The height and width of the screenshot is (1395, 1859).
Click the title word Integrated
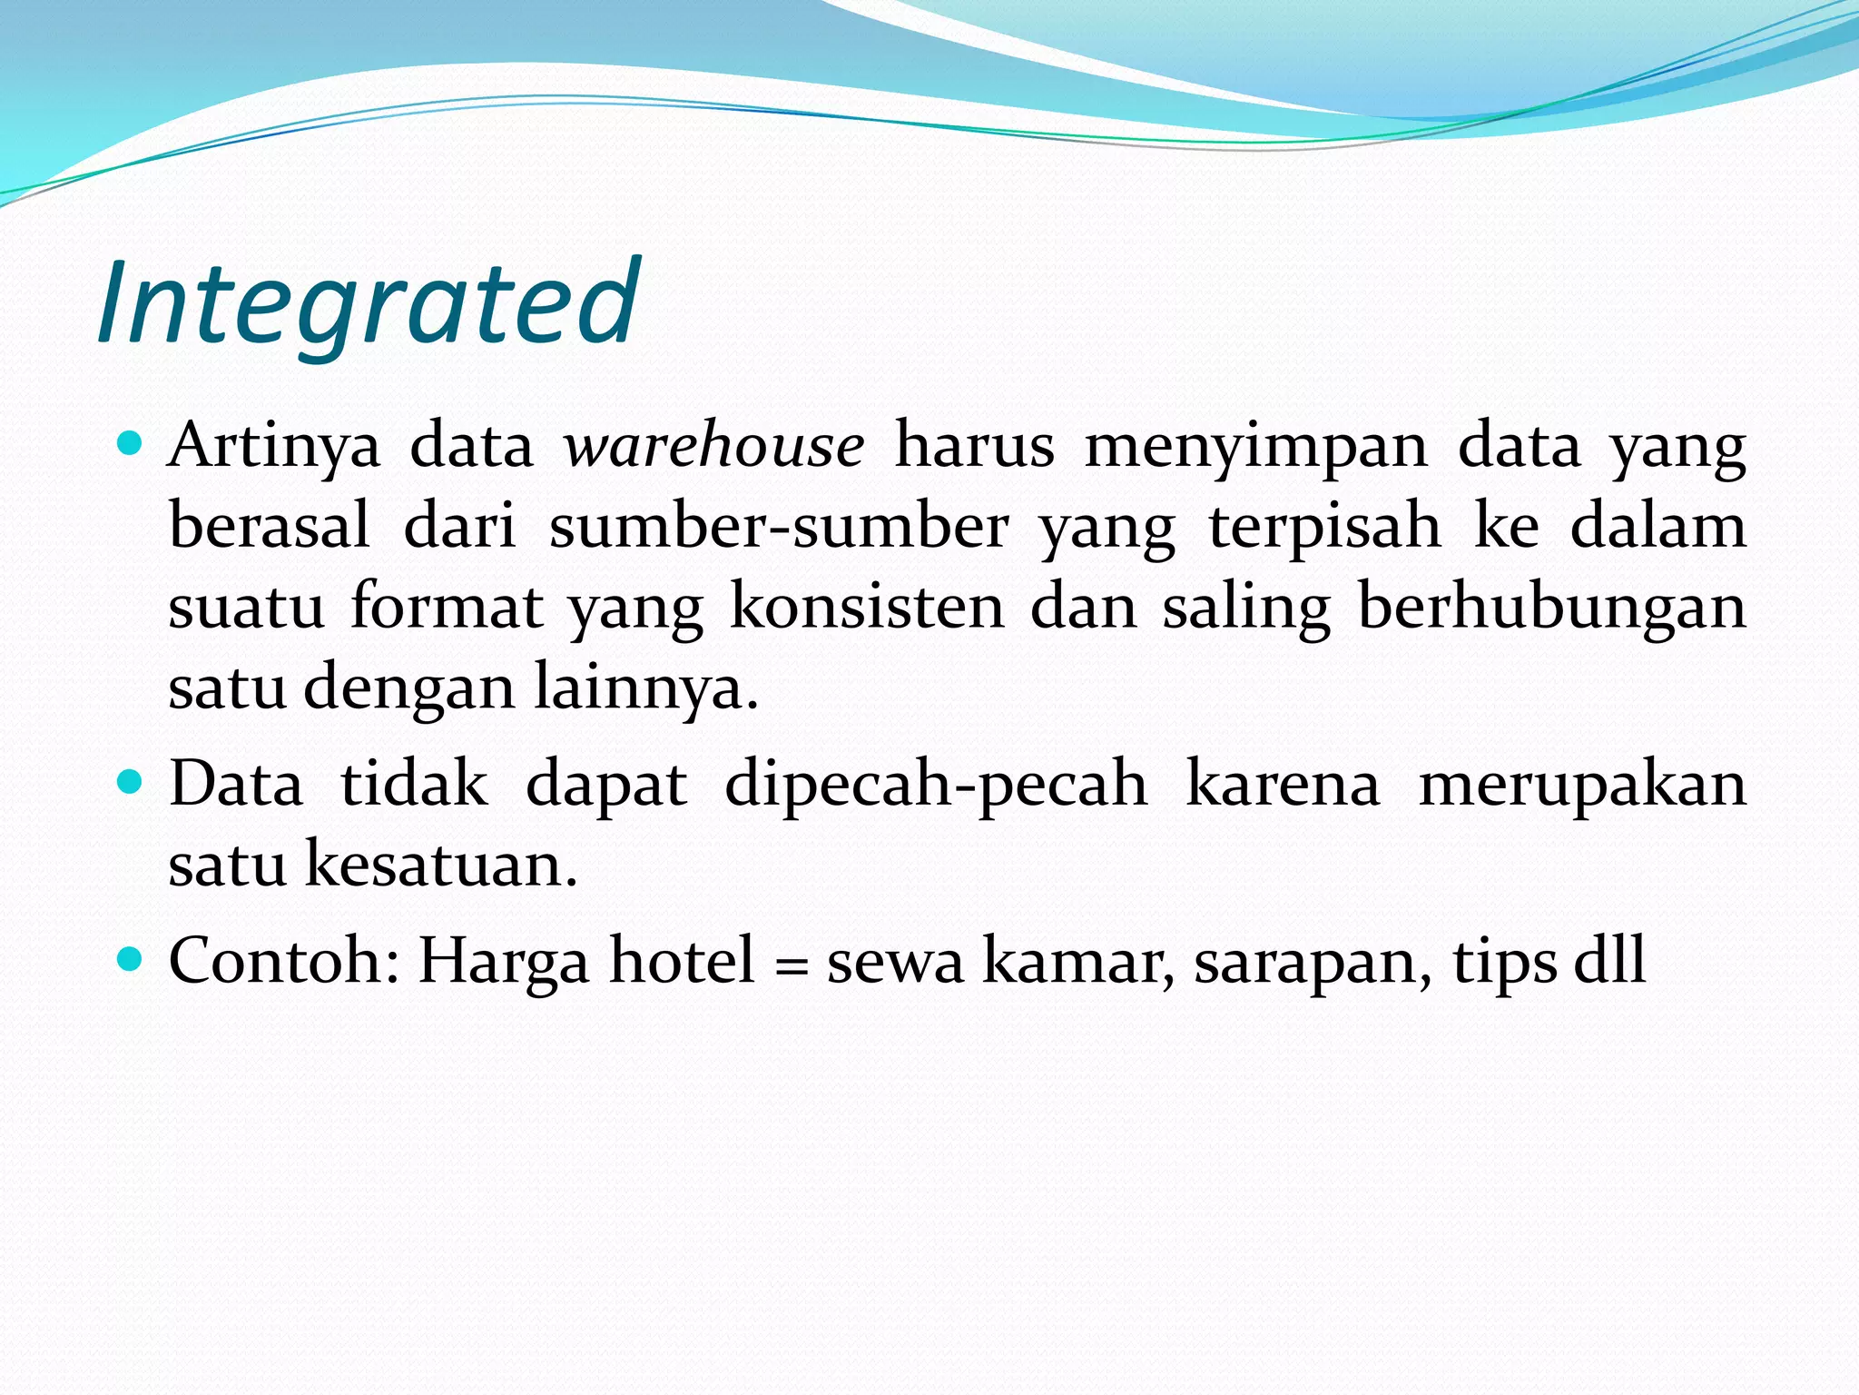click(x=369, y=303)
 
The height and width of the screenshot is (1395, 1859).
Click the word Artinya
click(x=274, y=447)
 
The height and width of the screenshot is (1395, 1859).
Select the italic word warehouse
click(x=713, y=447)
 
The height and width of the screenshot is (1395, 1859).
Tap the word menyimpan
click(x=1255, y=447)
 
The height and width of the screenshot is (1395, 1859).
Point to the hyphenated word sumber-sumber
click(x=778, y=527)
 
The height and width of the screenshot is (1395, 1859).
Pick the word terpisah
click(x=1324, y=527)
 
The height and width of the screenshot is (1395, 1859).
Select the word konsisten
click(x=867, y=607)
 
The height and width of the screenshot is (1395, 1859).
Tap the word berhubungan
click(x=1551, y=607)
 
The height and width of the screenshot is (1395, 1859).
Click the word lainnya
click(x=645, y=688)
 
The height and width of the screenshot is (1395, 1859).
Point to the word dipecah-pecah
click(x=936, y=784)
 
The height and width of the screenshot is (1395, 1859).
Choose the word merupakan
click(x=1582, y=784)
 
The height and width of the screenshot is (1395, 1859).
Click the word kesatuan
click(x=441, y=864)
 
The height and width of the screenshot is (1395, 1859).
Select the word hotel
click(x=682, y=961)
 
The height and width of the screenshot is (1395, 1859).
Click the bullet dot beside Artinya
click(x=131, y=444)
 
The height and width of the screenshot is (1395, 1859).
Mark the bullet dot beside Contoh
click(x=131, y=958)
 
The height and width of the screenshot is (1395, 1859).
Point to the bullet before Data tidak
click(x=131, y=781)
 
